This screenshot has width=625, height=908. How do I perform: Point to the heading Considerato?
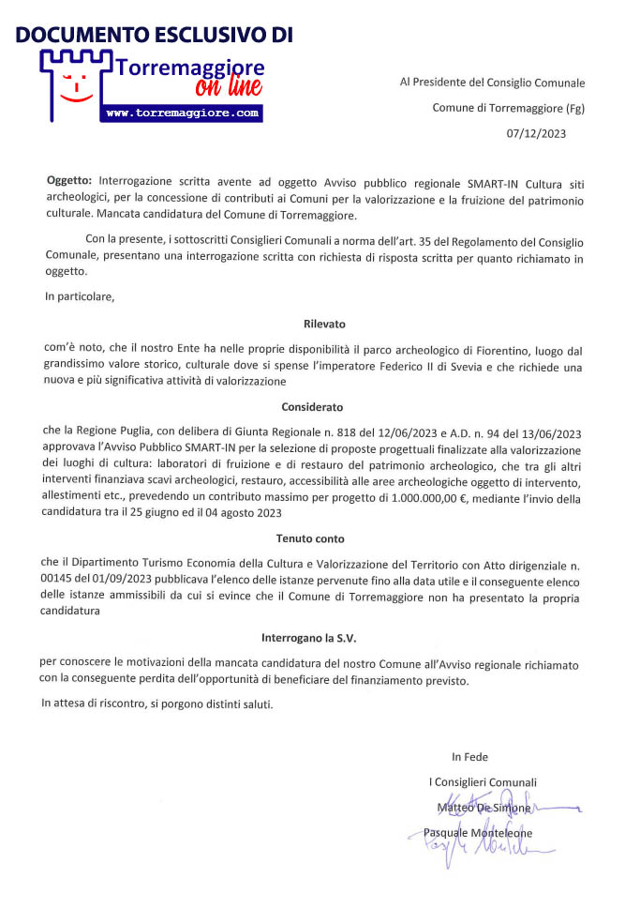pos(312,408)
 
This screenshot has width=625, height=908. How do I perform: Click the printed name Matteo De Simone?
pos(484,808)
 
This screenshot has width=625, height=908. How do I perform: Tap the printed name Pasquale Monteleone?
pos(478,833)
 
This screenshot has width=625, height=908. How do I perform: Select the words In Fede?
pos(469,757)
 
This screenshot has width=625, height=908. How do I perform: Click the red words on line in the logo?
pos(229,87)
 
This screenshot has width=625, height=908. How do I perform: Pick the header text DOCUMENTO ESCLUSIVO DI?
pos(155,36)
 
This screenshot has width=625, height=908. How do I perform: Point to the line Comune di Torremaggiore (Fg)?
pos(508,108)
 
